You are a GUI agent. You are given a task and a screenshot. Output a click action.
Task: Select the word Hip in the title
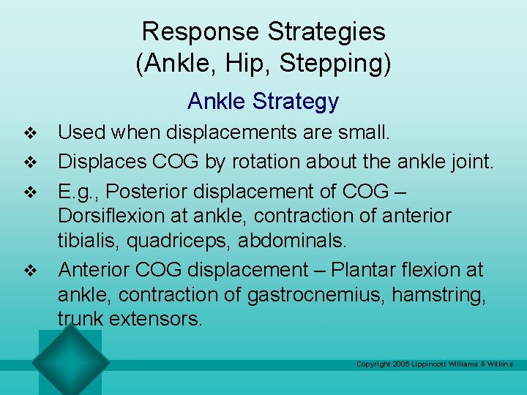[x=249, y=64]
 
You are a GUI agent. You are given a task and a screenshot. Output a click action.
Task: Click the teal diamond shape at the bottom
[x=70, y=360]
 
